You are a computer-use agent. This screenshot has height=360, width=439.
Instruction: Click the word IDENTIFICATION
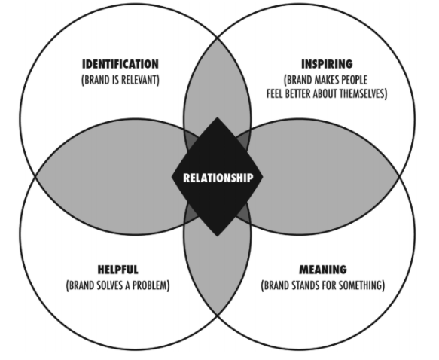120,64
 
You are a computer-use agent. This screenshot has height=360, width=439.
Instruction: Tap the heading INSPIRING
327,64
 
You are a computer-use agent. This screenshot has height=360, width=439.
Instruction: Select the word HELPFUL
118,270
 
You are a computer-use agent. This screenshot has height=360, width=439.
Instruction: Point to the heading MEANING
323,270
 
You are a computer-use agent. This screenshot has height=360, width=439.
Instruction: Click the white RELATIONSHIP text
218,178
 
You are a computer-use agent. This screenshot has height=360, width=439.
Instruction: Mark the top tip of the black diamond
218,117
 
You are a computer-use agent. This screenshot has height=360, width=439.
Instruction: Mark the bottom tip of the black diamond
218,236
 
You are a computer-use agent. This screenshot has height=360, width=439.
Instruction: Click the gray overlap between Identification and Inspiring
218,84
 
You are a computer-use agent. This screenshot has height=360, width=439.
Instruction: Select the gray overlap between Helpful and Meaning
218,269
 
